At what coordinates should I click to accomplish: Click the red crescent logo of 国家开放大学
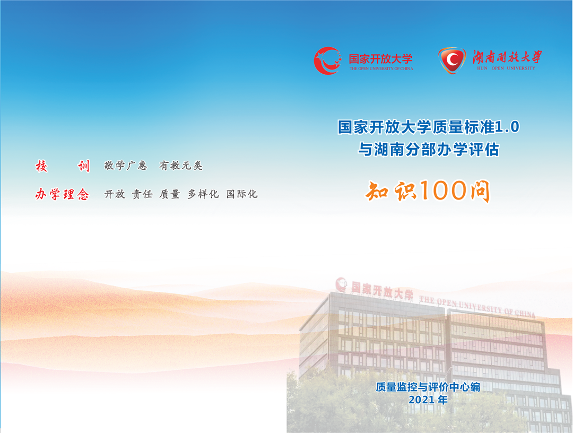[x=327, y=60]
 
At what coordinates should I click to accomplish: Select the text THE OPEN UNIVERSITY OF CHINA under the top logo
[x=381, y=68]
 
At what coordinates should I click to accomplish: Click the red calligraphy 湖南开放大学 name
[x=507, y=57]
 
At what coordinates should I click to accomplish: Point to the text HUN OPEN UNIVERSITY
[x=506, y=68]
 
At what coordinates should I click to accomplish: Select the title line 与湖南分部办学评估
[x=428, y=150]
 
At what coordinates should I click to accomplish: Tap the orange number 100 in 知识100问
[x=444, y=190]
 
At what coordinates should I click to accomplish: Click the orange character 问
[x=480, y=190]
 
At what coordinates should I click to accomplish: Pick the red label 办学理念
[x=62, y=194]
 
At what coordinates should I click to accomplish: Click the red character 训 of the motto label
[x=84, y=166]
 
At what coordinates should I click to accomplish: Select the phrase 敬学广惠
[x=125, y=166]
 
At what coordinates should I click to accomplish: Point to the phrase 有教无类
[x=181, y=166]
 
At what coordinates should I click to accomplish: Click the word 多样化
[x=203, y=194]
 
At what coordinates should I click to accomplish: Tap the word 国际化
[x=242, y=194]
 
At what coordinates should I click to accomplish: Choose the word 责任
[x=142, y=194]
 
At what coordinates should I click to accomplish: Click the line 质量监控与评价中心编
[x=428, y=387]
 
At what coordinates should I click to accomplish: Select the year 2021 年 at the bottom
[x=428, y=400]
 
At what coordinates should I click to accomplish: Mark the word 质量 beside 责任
[x=170, y=194]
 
